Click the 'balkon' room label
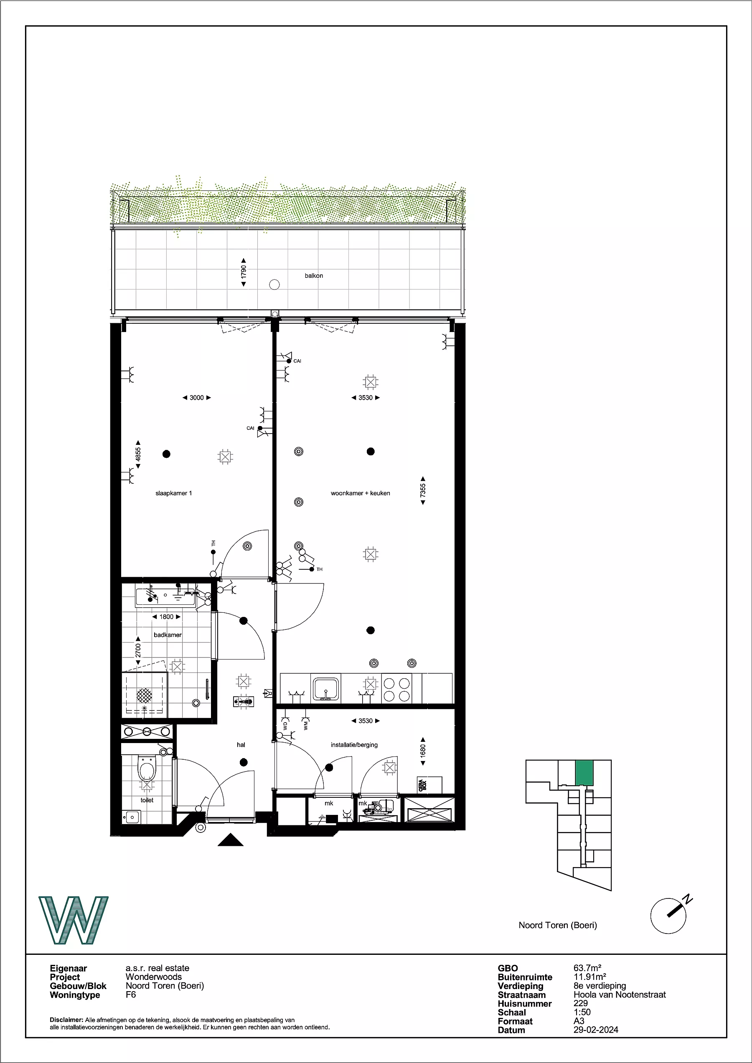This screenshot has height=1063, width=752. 313,276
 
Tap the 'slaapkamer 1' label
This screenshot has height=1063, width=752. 174,493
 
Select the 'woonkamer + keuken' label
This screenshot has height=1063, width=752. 360,493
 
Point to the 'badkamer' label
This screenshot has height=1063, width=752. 168,635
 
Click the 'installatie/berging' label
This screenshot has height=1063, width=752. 354,745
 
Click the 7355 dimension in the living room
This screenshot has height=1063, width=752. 423,491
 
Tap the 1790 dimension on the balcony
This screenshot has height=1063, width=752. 244,273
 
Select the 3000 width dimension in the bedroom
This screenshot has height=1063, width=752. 197,398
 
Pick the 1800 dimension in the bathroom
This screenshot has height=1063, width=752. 166,616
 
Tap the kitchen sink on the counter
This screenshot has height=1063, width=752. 326,688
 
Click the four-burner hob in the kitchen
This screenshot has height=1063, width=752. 397,689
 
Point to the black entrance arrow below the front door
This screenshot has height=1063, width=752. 231,840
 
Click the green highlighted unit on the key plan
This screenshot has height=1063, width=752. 584,772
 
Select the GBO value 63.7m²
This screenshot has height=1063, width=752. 587,968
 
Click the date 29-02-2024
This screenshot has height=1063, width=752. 595,1030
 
